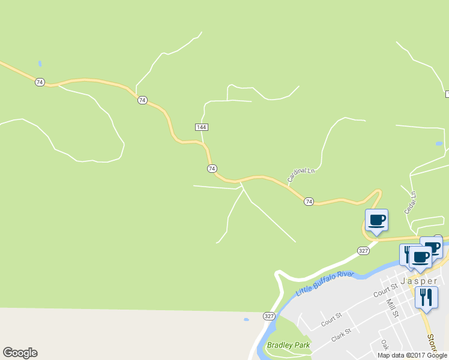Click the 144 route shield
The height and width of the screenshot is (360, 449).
pos(202,127)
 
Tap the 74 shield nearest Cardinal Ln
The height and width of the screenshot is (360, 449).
pos(309,202)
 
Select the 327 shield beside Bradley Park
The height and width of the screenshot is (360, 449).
pos(268,316)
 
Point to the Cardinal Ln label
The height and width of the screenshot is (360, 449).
pos(301,175)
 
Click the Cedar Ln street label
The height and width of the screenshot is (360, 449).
pos(412,202)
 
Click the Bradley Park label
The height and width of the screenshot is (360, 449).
pos(289,346)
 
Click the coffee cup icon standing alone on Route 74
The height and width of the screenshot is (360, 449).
pos(376,220)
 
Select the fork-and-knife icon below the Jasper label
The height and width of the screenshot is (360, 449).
pos(426,297)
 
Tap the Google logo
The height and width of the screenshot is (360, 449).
pos(20,353)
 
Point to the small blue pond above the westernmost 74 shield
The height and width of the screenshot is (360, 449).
pos(40,63)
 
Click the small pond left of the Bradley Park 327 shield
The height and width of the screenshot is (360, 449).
pos(246,319)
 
